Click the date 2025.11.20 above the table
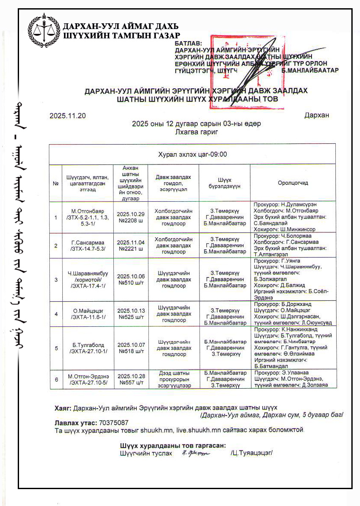coord(68,116)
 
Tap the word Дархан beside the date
coord(316,116)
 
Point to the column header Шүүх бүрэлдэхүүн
coord(225,183)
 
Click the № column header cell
coord(55,183)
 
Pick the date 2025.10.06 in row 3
coord(130,276)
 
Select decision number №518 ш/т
coord(130,351)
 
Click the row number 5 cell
coord(55,348)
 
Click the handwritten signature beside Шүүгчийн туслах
coord(196,453)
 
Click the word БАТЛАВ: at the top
coord(188,44)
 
